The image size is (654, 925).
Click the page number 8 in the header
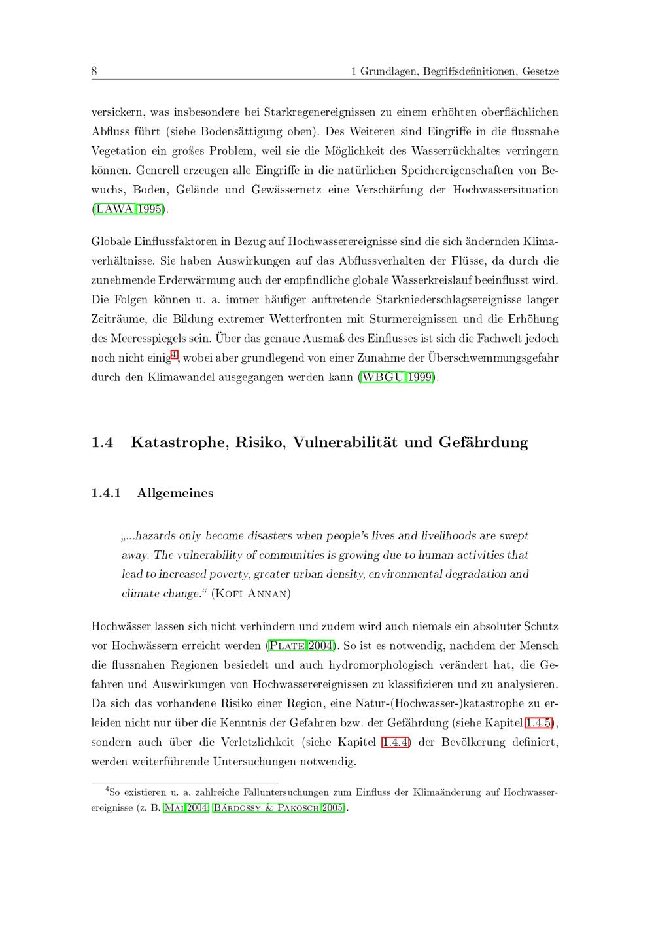point(94,71)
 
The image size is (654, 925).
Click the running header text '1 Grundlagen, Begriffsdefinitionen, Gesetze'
point(455,71)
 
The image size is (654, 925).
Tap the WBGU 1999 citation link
point(398,378)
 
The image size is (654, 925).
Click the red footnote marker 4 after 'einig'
point(174,355)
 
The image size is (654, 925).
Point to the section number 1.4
point(103,443)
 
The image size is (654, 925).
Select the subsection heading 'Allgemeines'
point(175,493)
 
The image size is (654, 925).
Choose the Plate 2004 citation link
point(301,646)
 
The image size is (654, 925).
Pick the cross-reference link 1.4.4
point(396,743)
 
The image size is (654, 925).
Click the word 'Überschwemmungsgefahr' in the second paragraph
point(493,358)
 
